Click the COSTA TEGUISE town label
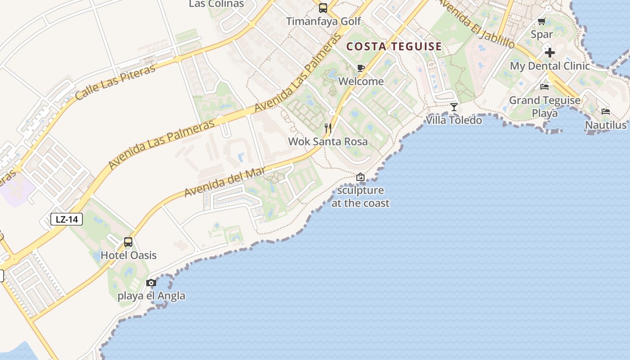pyautogui.click(x=394, y=46)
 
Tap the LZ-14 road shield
pyautogui.click(x=67, y=219)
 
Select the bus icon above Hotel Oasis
pyautogui.click(x=128, y=243)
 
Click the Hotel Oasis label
pyautogui.click(x=128, y=255)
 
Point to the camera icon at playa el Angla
pyautogui.click(x=151, y=283)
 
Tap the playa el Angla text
pyautogui.click(x=151, y=296)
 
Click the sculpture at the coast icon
pyautogui.click(x=360, y=177)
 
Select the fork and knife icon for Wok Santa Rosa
pyautogui.click(x=328, y=128)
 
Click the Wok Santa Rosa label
pyautogui.click(x=328, y=141)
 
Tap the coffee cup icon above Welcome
pyautogui.click(x=360, y=68)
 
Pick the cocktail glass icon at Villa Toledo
pyautogui.click(x=454, y=107)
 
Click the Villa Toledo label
pyautogui.click(x=454, y=120)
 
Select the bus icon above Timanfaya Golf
pyautogui.click(x=323, y=8)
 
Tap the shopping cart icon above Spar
pyautogui.click(x=542, y=21)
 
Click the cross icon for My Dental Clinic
pyautogui.click(x=549, y=53)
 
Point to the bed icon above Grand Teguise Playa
pyautogui.click(x=544, y=87)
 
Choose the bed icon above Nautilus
pyautogui.click(x=606, y=112)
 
